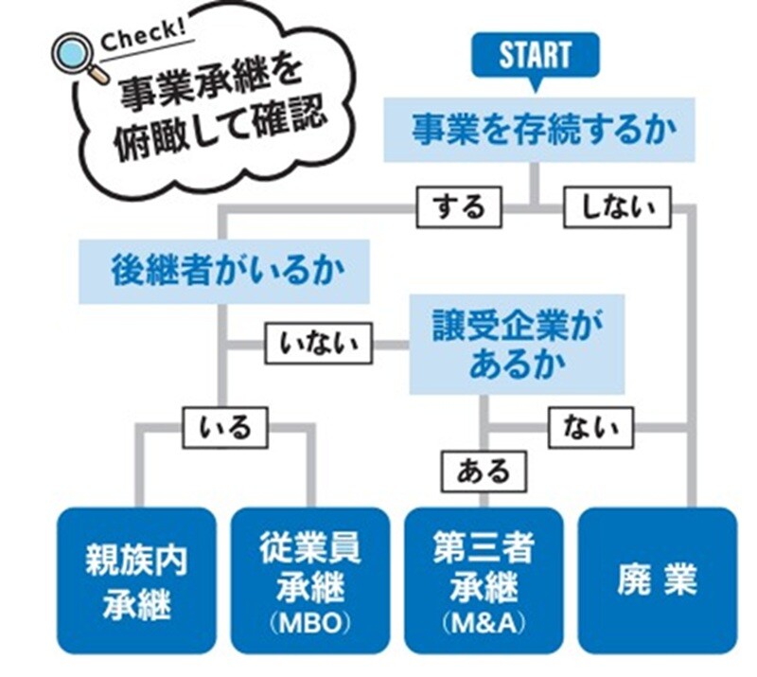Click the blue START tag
[536, 55]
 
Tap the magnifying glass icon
[74, 59]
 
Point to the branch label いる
[225, 426]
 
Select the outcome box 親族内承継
[136, 579]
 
